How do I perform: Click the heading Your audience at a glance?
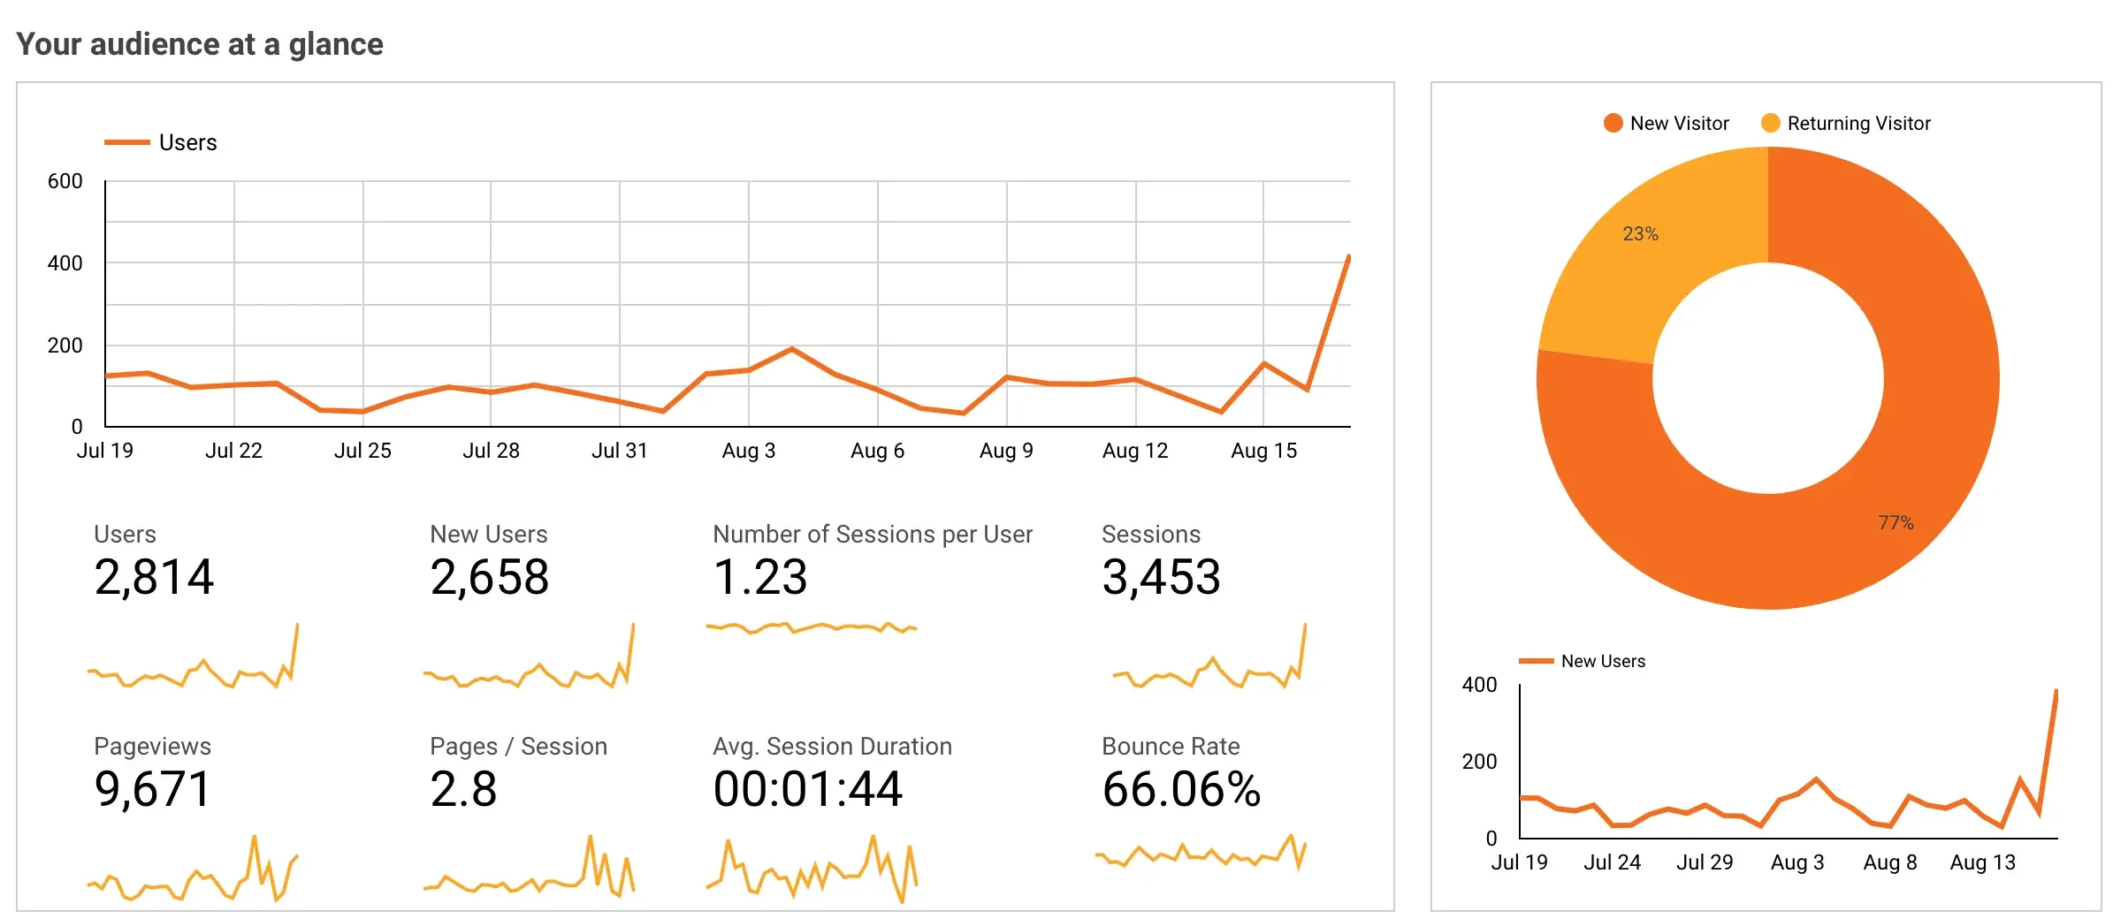point(200,44)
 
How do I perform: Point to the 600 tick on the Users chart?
point(65,181)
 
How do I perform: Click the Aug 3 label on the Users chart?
point(748,451)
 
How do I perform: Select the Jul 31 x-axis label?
point(619,451)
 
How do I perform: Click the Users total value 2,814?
point(154,578)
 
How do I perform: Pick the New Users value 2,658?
point(489,578)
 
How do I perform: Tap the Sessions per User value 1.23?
point(759,578)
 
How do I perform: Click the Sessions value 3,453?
point(1161,578)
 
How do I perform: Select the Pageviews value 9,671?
point(152,789)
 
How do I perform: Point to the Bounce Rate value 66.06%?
point(1180,789)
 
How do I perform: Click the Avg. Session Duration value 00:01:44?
point(807,789)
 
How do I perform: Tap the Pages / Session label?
point(518,747)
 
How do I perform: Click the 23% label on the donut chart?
point(1640,234)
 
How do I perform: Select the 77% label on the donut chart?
point(1896,523)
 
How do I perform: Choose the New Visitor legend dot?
point(1613,123)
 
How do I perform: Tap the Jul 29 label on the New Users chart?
point(1704,862)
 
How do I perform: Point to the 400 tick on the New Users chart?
point(1479,685)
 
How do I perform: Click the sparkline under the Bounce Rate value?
point(1201,855)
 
